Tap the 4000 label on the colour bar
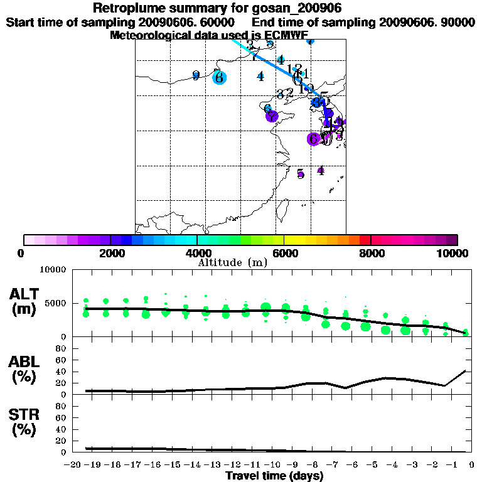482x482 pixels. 197,253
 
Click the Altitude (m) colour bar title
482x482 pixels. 232,262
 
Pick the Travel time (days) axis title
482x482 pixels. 274,476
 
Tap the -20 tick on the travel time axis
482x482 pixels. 73,464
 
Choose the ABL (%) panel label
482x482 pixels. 24,370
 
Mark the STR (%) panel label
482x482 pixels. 24,422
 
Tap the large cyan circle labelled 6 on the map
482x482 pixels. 218,78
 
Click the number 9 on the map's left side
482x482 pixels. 196,76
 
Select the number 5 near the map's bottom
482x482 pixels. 301,174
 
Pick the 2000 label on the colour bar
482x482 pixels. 110,253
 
